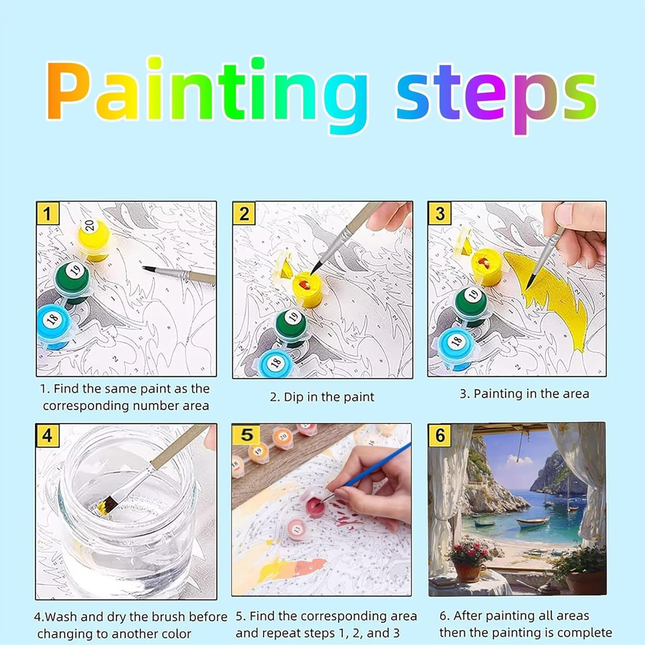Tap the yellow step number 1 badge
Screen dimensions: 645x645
click(x=47, y=213)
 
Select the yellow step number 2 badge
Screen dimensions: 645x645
click(x=244, y=213)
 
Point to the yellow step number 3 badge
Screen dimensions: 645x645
click(x=439, y=213)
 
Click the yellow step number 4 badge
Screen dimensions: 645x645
click(x=47, y=435)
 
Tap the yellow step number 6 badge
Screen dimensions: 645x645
click(x=440, y=435)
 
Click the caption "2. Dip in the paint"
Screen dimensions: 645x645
click(x=322, y=396)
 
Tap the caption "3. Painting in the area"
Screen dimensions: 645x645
click(x=524, y=393)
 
